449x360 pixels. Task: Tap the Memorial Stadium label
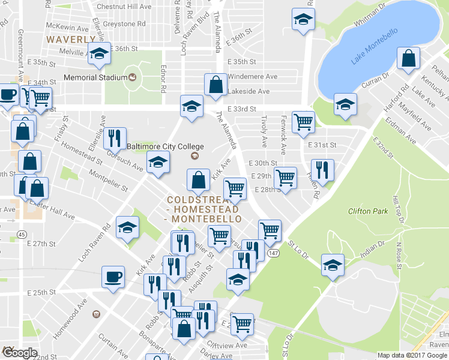point(96,77)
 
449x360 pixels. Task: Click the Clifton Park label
point(367,211)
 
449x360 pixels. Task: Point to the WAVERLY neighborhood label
point(71,39)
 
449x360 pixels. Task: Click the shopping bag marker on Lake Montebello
point(408,59)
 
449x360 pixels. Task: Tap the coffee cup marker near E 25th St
point(113,277)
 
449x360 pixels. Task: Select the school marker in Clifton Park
point(333,265)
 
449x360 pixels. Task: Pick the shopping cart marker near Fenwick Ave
point(303,122)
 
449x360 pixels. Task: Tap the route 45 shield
point(22,234)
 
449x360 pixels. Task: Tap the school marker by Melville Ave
point(99,53)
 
